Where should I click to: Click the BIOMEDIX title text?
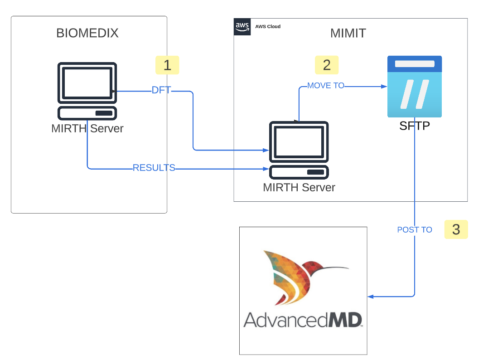tap(87, 33)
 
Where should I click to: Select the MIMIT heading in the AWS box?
tap(348, 33)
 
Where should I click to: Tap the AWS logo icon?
tap(242, 27)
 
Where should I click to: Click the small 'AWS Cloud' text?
tap(268, 26)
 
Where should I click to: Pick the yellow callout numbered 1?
tap(167, 65)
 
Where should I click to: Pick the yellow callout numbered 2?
tap(327, 65)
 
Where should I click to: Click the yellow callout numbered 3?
tap(456, 229)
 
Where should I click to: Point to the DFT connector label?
tap(161, 90)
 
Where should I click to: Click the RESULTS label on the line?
tap(154, 168)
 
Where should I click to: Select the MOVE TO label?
tap(325, 85)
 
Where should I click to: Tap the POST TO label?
tap(414, 230)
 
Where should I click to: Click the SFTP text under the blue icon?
tap(414, 126)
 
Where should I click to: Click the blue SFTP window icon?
tap(414, 86)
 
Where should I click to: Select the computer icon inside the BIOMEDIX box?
tap(87, 91)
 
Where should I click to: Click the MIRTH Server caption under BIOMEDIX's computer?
tap(87, 128)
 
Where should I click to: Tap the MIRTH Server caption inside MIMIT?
tap(299, 187)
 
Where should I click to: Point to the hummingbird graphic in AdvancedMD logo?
tap(299, 274)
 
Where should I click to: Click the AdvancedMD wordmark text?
tap(303, 319)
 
